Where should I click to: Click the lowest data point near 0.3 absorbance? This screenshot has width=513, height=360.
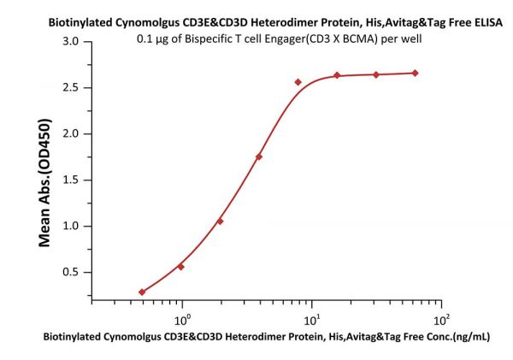coord(142,292)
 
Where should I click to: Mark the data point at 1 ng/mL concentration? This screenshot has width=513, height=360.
coord(181,267)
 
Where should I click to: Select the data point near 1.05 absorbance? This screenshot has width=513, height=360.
coord(221,221)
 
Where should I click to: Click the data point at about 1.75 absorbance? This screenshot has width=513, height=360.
coord(259,156)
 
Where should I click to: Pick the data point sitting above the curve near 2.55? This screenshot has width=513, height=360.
coord(298,82)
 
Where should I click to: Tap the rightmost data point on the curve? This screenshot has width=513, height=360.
coord(416,73)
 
